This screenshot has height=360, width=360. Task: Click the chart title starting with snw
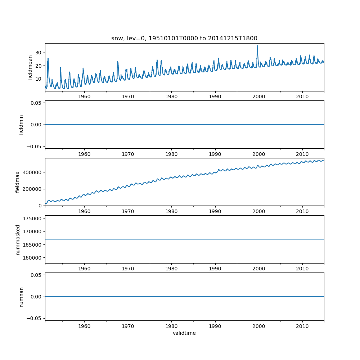pyautogui.click(x=184, y=39)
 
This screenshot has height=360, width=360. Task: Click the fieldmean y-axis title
pyautogui.click(x=30, y=67)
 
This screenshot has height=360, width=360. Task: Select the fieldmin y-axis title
pyautogui.click(x=21, y=125)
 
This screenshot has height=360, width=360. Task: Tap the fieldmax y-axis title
pyautogui.click(x=18, y=182)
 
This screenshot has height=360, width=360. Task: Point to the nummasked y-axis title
pyautogui.click(x=18, y=239)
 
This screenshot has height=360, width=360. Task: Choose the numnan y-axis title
pyautogui.click(x=21, y=297)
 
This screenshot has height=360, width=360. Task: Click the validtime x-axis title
pyautogui.click(x=184, y=333)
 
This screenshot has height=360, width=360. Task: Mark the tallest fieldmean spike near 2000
pyautogui.click(x=257, y=46)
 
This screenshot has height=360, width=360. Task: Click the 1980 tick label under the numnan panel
pyautogui.click(x=171, y=326)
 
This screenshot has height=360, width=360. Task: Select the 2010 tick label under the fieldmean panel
pyautogui.click(x=302, y=96)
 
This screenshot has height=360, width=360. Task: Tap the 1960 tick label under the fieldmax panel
pyautogui.click(x=84, y=211)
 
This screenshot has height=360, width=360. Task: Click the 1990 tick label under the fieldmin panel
pyautogui.click(x=215, y=154)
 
